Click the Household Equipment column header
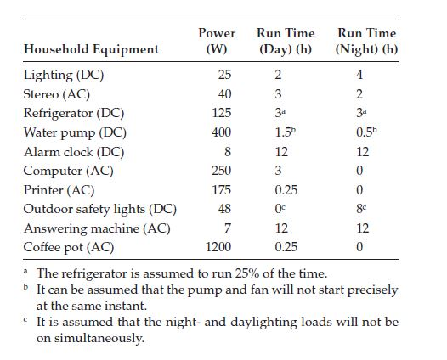[x=91, y=49]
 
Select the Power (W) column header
[x=217, y=41]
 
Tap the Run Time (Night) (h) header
[x=366, y=41]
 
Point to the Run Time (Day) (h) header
[x=286, y=41]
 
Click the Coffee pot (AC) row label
[x=69, y=247]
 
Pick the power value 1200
[x=218, y=247]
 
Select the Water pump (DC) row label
[x=75, y=133]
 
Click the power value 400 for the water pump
[x=221, y=132]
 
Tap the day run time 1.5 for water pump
[x=286, y=132]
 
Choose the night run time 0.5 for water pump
[x=366, y=132]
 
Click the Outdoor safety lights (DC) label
[x=100, y=210]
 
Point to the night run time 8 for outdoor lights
[x=361, y=209]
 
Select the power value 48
[x=224, y=209]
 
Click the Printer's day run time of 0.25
[x=286, y=190]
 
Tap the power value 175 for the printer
[x=222, y=190]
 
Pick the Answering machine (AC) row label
[x=97, y=228]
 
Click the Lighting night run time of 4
[x=359, y=75]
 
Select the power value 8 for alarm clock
[x=228, y=151]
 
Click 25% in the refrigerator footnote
[x=247, y=273]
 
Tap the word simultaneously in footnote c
[x=99, y=339]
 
